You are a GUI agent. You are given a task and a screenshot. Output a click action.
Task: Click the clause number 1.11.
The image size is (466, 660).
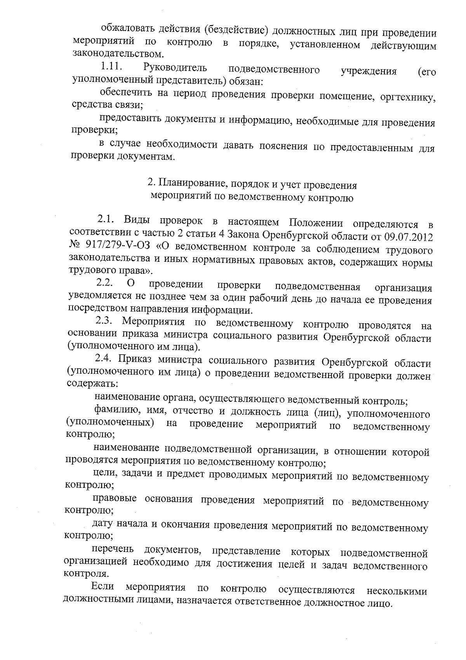coord(111,67)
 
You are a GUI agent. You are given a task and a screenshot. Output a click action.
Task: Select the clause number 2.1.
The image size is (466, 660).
coord(106,221)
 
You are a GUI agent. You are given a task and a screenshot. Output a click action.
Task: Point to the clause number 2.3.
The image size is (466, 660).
coord(104,322)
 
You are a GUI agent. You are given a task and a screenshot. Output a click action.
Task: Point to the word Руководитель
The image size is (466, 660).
coord(175,68)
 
